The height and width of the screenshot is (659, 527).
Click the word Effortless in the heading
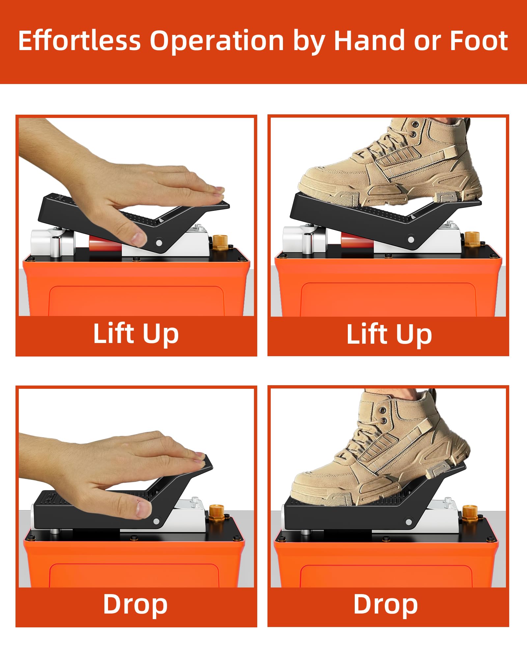pyautogui.click(x=79, y=41)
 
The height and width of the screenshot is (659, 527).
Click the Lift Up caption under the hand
pyautogui.click(x=136, y=334)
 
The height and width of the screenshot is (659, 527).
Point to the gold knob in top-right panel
pyautogui.click(x=472, y=240)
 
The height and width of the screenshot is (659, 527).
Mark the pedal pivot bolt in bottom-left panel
pyautogui.click(x=156, y=522)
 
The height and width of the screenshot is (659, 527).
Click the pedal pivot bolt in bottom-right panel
pyautogui.click(x=409, y=522)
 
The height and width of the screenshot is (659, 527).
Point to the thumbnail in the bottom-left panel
pyautogui.click(x=144, y=509)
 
